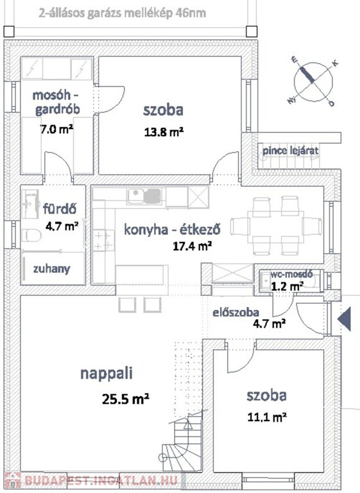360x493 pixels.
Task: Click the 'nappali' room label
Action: [x=107, y=374]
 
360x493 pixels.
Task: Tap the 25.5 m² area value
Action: [x=125, y=399]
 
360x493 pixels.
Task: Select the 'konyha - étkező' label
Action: [x=172, y=230]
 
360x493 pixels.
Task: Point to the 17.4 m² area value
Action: [x=192, y=246]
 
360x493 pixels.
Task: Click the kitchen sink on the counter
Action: [x=144, y=196]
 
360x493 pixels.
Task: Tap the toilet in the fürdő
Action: [x=31, y=235]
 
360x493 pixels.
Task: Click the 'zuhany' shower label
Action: [x=51, y=269]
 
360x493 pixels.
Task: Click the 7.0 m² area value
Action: [x=56, y=129]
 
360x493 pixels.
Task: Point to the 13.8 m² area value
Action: [x=164, y=132]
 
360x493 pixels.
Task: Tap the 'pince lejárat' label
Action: [x=291, y=151]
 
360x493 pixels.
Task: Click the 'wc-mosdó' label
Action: [x=291, y=274]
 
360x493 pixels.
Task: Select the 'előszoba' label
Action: [x=236, y=313]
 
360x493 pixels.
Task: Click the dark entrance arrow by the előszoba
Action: [x=344, y=319]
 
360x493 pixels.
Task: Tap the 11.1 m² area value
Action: [x=267, y=417]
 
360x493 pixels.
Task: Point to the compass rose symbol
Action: [x=313, y=81]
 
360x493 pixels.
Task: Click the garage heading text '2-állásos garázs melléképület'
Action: [x=123, y=13]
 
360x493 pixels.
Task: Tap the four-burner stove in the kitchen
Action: [x=103, y=240]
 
